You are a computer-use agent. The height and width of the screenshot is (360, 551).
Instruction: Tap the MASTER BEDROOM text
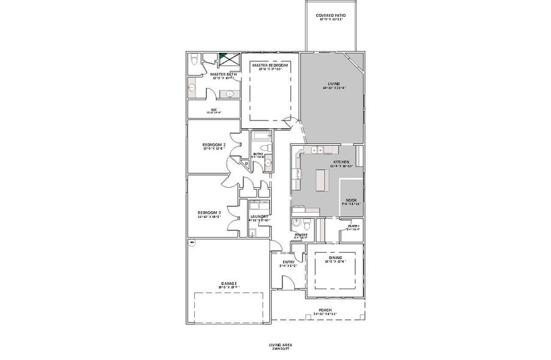point(270,65)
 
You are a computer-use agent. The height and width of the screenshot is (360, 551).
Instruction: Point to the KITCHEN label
point(341,162)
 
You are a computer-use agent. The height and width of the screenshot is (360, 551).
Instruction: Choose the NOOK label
point(351,200)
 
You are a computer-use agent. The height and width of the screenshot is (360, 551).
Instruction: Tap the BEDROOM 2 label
point(214,145)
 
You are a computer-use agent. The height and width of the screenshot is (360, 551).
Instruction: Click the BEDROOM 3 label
point(210,212)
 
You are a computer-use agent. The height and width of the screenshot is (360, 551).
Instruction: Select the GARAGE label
point(228,283)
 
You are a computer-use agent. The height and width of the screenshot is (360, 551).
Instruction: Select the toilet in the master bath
point(194,60)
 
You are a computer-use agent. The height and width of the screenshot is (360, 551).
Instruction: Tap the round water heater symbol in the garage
point(192,243)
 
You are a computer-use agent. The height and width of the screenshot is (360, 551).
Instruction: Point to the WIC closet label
point(213,110)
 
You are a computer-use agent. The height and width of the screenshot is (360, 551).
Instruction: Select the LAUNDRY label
point(259,217)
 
